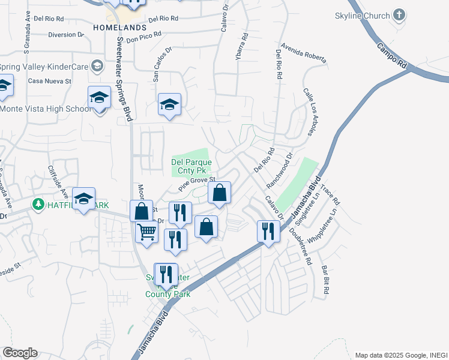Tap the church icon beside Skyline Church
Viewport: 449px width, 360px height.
399,15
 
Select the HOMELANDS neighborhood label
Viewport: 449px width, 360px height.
120,28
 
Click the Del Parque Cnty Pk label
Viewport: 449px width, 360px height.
191,166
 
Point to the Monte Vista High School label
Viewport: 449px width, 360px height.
46,109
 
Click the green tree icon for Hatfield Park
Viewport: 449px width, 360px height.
38,205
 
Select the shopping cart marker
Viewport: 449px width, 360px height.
146,232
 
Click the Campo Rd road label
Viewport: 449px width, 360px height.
392,54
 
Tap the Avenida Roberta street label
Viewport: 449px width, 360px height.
303,54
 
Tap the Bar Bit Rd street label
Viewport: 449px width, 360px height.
325,280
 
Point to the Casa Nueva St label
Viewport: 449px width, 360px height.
50,80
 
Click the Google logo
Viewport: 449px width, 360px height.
20,353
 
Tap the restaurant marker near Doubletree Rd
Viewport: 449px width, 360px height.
268,231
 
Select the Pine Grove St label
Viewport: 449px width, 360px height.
196,182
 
